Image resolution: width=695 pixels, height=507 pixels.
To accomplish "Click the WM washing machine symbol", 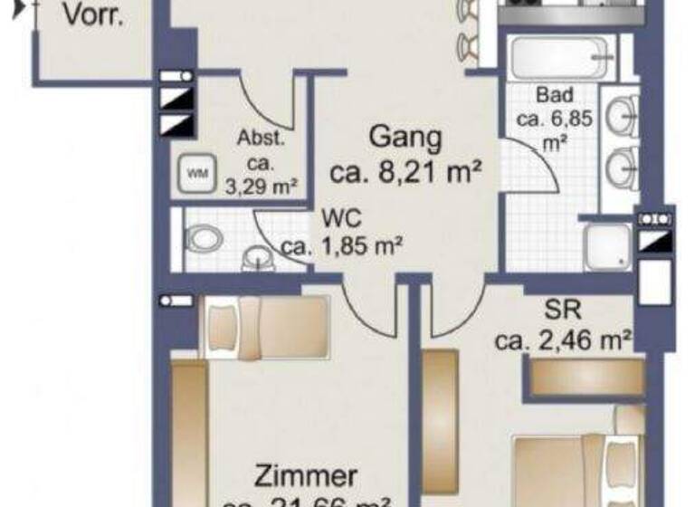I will pyautogui.click(x=195, y=171).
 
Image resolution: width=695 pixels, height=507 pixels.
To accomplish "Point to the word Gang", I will pyautogui.click(x=405, y=139).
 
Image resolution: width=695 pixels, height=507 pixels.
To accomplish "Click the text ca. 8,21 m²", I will pyautogui.click(x=405, y=172).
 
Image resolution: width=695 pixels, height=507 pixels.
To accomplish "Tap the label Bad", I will pyautogui.click(x=555, y=95).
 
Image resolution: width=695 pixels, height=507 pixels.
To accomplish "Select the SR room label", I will pyautogui.click(x=563, y=309).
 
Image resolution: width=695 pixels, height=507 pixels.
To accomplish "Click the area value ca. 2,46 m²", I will pyautogui.click(x=562, y=340).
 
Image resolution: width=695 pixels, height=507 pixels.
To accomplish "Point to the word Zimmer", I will pyautogui.click(x=306, y=476).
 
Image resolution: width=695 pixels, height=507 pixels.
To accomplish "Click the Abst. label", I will pyautogui.click(x=261, y=139).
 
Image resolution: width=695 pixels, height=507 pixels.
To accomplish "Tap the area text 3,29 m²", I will pyautogui.click(x=261, y=187).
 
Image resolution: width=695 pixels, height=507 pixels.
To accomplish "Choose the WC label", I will pyautogui.click(x=340, y=218).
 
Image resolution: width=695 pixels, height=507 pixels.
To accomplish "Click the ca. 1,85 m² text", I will pyautogui.click(x=341, y=245).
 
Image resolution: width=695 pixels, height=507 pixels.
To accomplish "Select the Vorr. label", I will pyautogui.click(x=93, y=15).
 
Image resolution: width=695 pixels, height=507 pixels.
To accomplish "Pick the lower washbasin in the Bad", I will pyautogui.click(x=622, y=167).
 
